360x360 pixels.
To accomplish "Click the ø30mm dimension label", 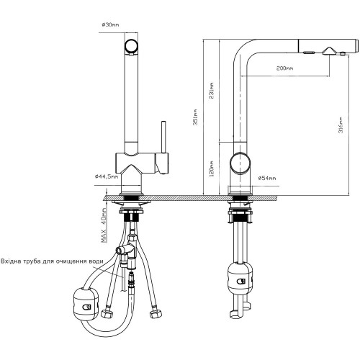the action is click(110, 24).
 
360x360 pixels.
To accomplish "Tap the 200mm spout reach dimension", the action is click(284, 68).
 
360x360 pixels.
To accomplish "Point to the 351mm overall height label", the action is click(196, 117).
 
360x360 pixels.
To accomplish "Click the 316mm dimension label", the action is click(341, 125).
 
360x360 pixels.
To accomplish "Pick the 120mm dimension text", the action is click(212, 168).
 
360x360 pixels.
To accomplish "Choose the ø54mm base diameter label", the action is click(267, 179).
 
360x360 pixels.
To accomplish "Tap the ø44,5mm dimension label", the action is click(107, 176).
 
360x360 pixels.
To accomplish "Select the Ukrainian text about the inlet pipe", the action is click(53, 261).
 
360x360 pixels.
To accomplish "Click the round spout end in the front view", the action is click(131, 47).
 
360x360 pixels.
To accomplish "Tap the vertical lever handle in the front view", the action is click(164, 137).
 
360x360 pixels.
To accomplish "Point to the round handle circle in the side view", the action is click(240, 163).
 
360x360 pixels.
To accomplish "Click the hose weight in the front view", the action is click(85, 304).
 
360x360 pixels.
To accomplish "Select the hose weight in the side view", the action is click(240, 279).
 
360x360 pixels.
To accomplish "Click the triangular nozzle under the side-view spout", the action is click(329, 51).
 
